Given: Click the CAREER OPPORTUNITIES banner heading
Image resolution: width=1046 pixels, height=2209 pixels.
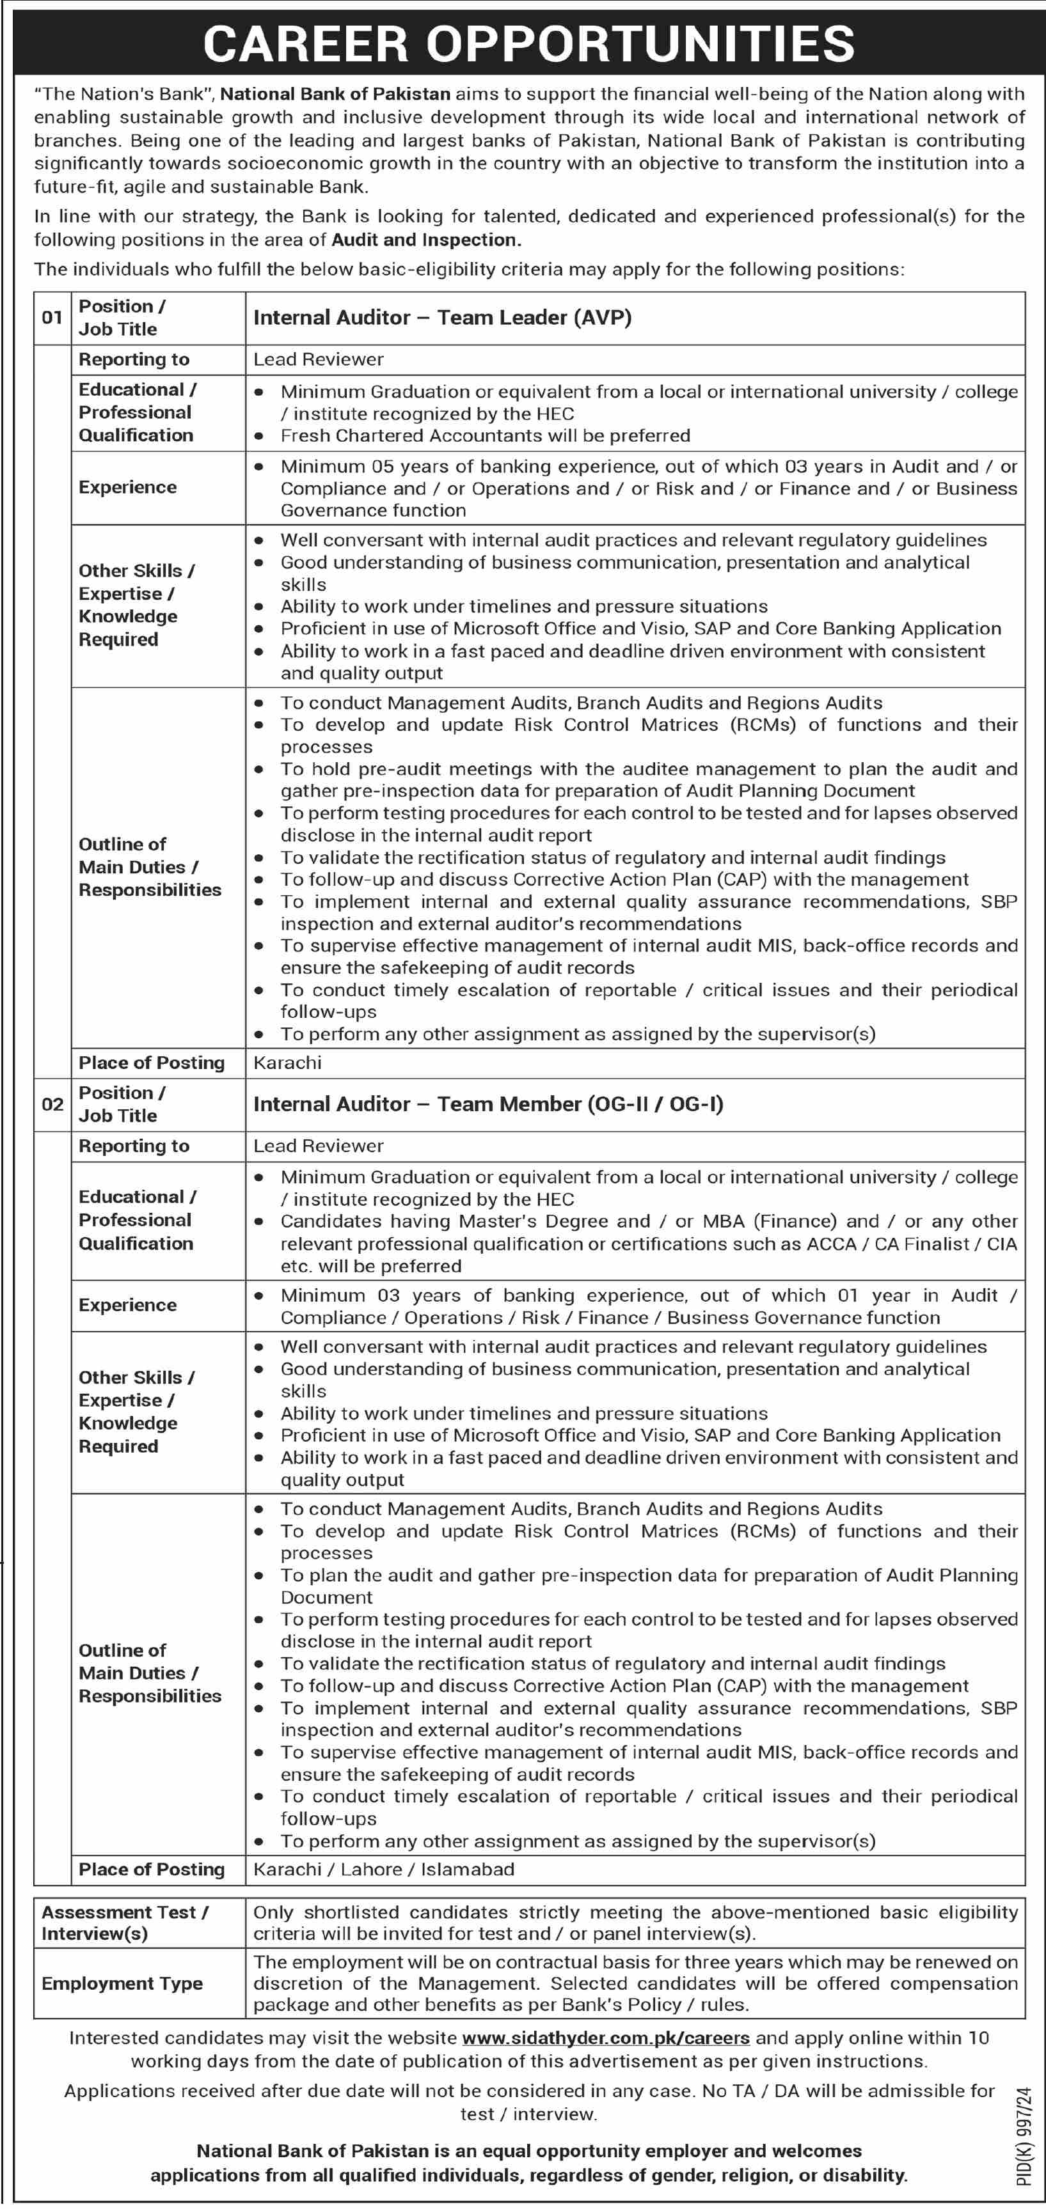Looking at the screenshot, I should [528, 43].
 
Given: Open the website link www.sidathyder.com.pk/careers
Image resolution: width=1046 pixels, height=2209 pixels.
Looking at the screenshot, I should [605, 2038].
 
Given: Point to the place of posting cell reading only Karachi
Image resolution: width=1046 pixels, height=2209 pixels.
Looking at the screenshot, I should [287, 1063].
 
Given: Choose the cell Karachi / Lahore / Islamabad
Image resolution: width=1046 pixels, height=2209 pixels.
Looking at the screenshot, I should [384, 1869].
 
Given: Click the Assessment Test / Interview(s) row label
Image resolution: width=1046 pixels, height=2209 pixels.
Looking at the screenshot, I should [124, 1923].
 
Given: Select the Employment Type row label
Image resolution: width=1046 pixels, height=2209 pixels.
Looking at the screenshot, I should [122, 1983].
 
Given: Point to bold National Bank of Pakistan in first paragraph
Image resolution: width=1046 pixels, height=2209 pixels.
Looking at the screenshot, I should [335, 95].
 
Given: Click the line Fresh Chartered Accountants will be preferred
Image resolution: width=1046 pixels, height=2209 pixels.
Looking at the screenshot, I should [485, 435].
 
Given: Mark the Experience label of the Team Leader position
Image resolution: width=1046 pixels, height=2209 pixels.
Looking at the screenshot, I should [127, 487].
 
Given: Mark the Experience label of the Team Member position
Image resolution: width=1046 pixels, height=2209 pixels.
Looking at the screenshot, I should [127, 1305].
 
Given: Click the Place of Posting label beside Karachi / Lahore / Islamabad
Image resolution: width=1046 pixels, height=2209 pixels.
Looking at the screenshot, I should [151, 1869].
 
